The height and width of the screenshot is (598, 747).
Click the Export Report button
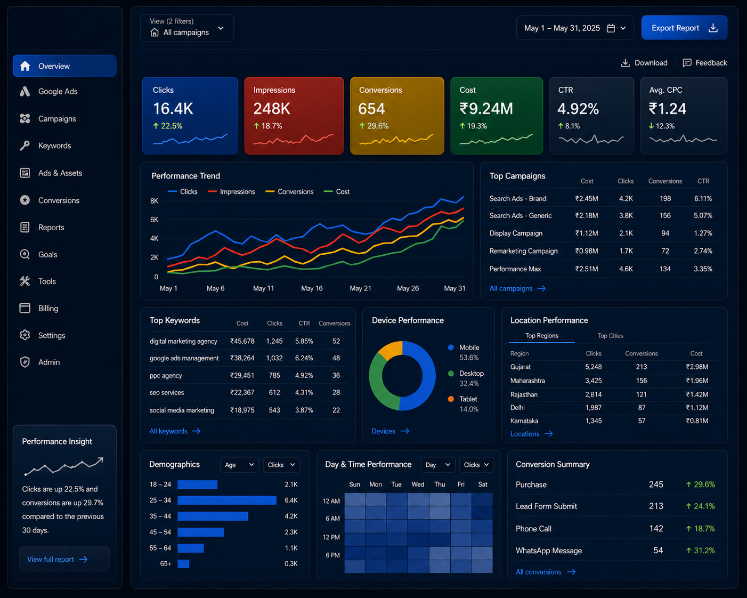click(x=684, y=28)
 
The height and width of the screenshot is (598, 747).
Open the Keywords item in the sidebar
click(x=54, y=146)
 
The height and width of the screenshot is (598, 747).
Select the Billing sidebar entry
click(x=48, y=309)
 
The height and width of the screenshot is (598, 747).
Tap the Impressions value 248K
click(x=271, y=109)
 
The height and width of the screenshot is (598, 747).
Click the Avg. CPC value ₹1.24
click(x=668, y=109)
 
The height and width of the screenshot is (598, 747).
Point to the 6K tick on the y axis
click(x=154, y=220)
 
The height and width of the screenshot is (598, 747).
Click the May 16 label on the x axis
click(x=312, y=288)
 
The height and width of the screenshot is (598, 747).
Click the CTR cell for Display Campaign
click(x=703, y=233)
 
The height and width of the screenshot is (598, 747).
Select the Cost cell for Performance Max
click(x=586, y=269)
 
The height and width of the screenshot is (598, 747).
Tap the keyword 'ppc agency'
click(x=166, y=375)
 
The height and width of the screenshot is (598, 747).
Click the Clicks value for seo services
click(x=274, y=392)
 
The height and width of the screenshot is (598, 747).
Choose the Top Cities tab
click(x=610, y=336)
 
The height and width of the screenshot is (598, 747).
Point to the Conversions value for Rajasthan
click(x=641, y=394)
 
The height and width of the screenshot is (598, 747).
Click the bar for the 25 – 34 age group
click(x=227, y=500)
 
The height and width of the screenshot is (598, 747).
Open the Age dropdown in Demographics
click(x=240, y=465)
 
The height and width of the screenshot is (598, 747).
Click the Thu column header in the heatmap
click(x=440, y=484)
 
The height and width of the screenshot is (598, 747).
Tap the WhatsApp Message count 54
click(x=658, y=551)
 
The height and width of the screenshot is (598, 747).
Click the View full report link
click(x=57, y=560)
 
